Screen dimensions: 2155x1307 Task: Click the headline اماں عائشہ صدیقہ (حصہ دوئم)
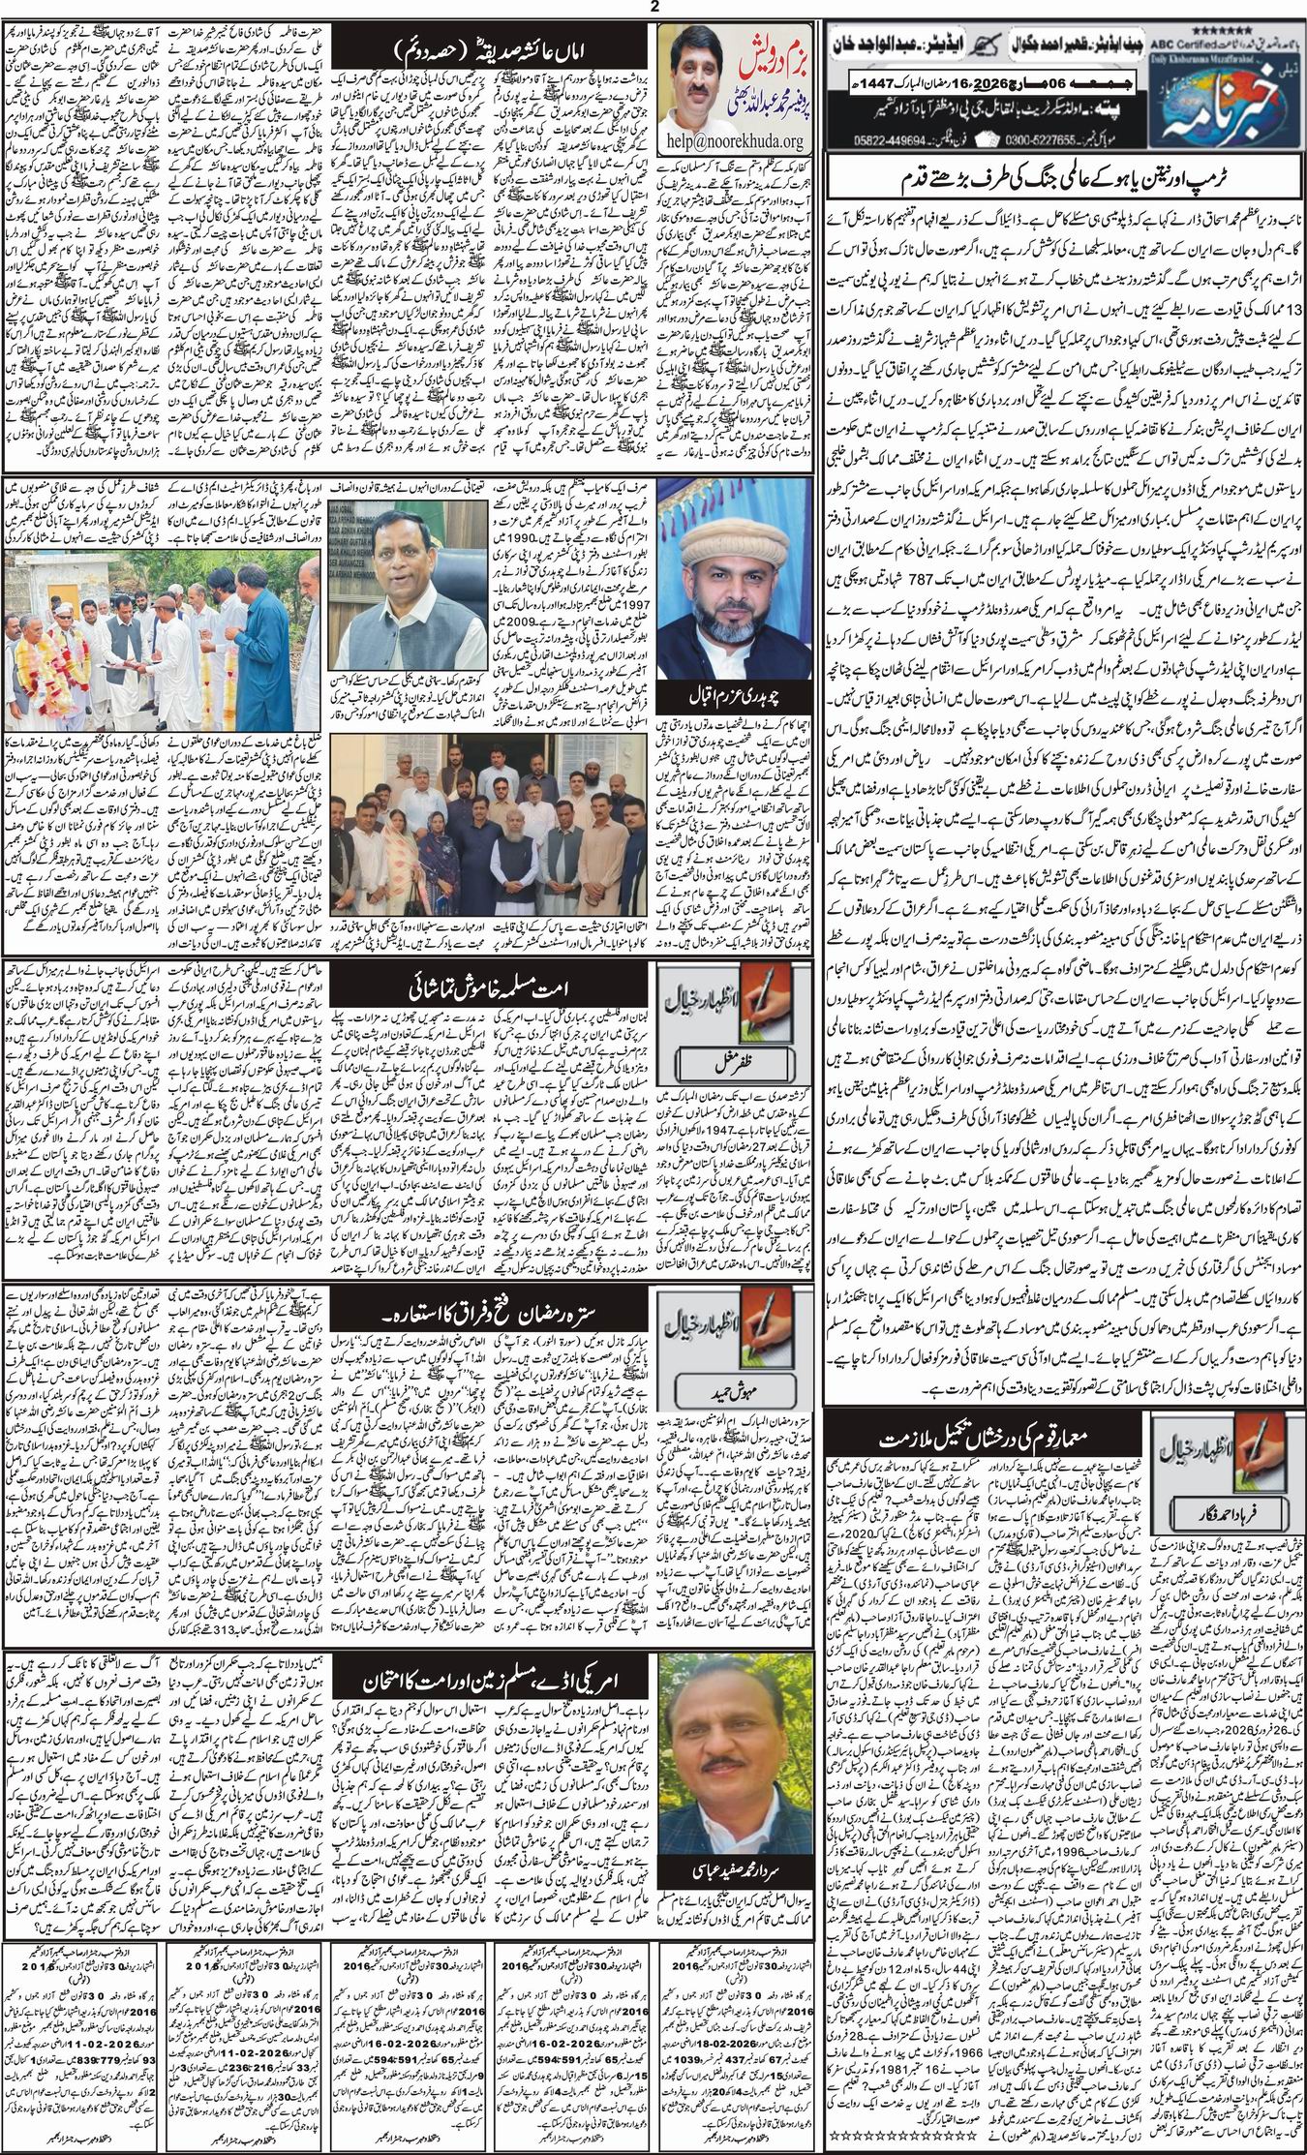(x=498, y=46)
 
